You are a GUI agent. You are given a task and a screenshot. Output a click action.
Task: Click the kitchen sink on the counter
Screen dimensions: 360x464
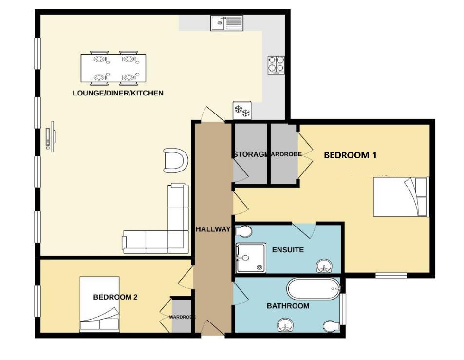226,23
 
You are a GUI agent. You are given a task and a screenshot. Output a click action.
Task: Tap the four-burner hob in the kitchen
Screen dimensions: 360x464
276,64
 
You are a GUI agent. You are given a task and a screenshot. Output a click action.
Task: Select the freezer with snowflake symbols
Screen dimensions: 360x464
242,112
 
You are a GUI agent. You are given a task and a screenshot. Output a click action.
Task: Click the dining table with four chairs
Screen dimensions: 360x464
113,68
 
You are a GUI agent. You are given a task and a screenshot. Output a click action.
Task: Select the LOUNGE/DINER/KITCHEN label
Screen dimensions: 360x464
118,93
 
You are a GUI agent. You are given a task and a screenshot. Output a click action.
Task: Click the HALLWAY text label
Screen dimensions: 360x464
213,229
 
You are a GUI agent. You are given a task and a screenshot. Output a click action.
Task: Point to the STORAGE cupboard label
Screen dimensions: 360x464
250,154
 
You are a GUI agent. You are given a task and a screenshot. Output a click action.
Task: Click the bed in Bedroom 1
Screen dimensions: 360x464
400,197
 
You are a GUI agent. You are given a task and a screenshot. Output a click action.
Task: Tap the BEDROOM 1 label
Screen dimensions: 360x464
350,155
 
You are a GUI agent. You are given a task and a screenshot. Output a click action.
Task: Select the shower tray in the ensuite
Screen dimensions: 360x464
251,257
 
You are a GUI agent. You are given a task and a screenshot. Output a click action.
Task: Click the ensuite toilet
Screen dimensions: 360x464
243,231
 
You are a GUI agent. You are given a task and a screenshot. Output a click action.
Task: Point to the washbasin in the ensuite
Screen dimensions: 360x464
324,266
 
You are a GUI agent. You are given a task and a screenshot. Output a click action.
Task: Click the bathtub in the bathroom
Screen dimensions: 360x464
313,289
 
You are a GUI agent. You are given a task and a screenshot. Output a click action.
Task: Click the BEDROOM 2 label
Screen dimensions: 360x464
115,297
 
